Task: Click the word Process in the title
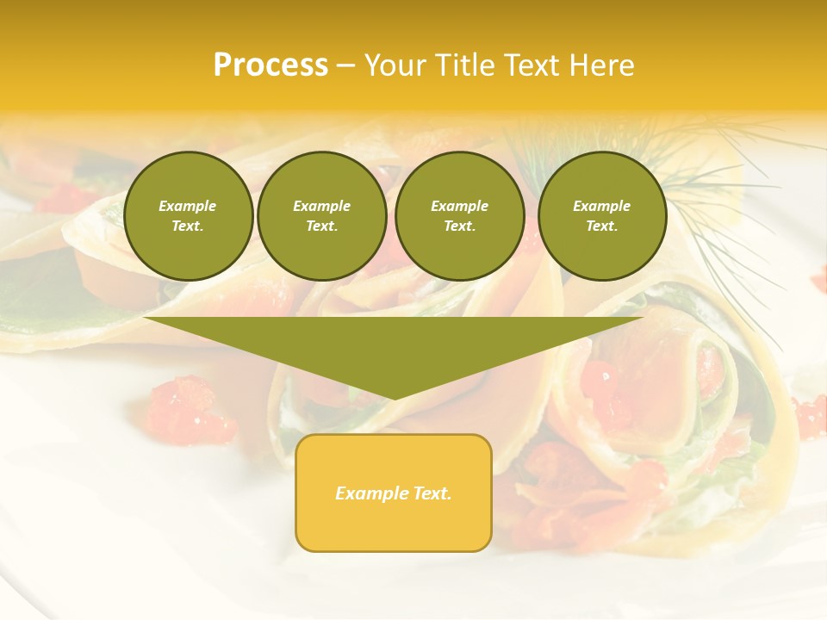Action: pyautogui.click(x=270, y=65)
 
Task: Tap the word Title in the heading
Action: pyautogui.click(x=463, y=65)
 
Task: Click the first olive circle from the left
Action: pyautogui.click(x=188, y=215)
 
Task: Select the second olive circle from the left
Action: pyautogui.click(x=322, y=215)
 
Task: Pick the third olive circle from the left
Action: pyautogui.click(x=459, y=215)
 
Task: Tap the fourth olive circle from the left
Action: pyautogui.click(x=601, y=215)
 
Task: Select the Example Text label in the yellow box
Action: pyautogui.click(x=394, y=493)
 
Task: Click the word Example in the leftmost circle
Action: pyautogui.click(x=188, y=206)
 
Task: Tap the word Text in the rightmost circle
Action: pyautogui.click(x=601, y=226)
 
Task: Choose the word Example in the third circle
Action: pyautogui.click(x=459, y=206)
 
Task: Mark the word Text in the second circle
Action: pyautogui.click(x=321, y=226)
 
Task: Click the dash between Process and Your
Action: pyautogui.click(x=346, y=65)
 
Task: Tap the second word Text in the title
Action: pyautogui.click(x=533, y=65)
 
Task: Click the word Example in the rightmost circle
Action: pyautogui.click(x=601, y=206)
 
